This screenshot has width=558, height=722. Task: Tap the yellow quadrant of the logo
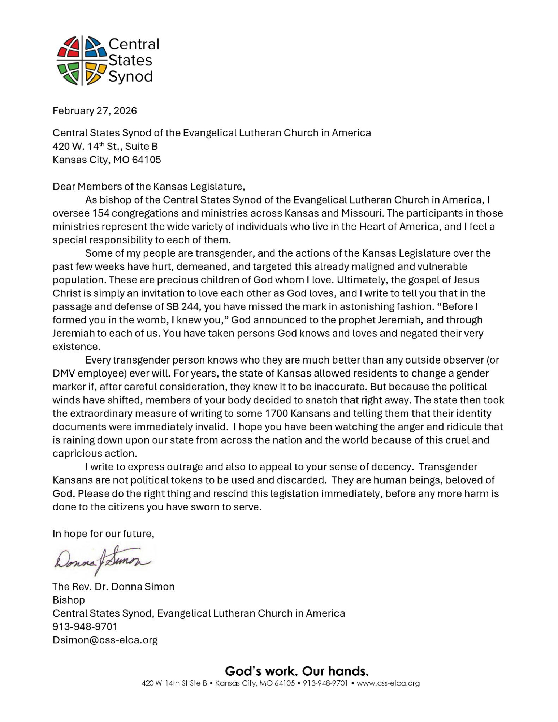95,73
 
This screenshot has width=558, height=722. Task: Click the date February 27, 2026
95,110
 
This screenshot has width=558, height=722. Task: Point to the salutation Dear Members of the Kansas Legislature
148,186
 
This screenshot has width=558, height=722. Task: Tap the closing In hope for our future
103,534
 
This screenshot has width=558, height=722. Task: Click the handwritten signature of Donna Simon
102,560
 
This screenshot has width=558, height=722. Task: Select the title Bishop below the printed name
69,600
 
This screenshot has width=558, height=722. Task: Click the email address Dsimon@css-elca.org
105,640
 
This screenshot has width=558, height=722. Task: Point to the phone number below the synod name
85,626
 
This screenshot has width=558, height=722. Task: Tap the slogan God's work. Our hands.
297,671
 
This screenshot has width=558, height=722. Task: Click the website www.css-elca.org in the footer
388,683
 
